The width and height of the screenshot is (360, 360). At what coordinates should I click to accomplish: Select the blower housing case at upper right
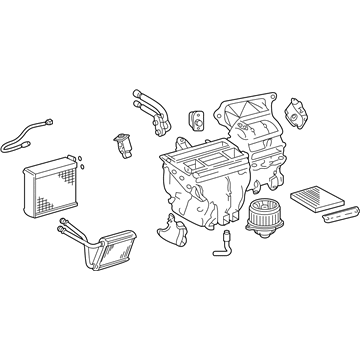[x=257, y=145]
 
